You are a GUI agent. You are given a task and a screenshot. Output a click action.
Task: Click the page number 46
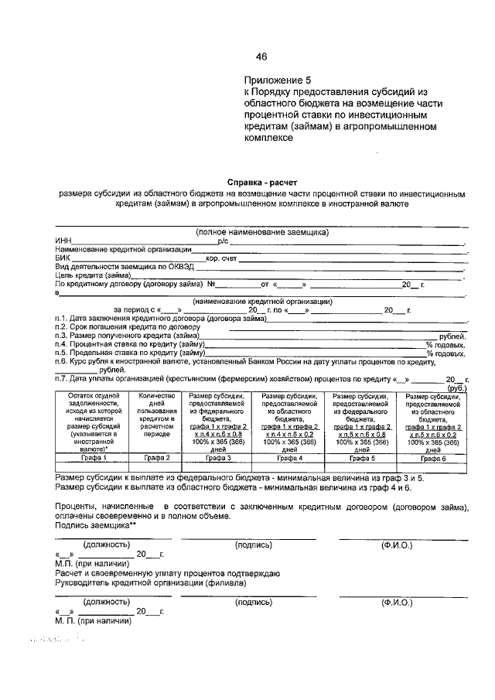click(x=261, y=56)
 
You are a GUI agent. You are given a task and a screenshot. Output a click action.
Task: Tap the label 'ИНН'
click(x=62, y=241)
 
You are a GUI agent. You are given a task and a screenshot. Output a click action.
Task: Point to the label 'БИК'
click(x=62, y=258)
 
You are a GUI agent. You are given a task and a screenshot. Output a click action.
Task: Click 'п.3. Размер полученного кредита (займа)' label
click(x=128, y=336)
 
